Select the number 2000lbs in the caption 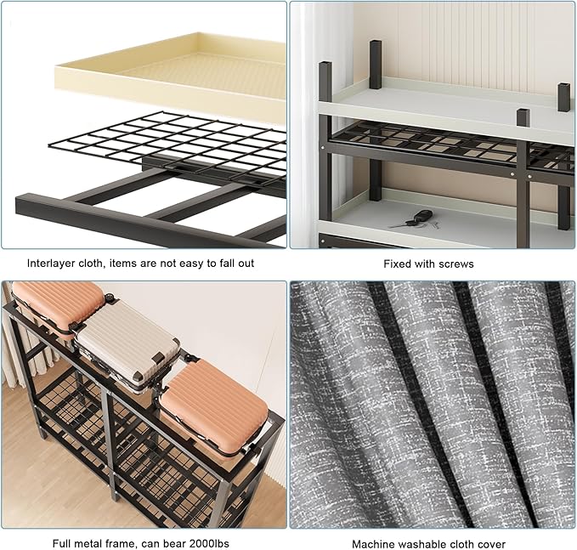coord(209,543)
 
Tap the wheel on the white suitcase coord(109,298)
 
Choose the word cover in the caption coord(492,544)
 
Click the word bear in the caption coord(174,543)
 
